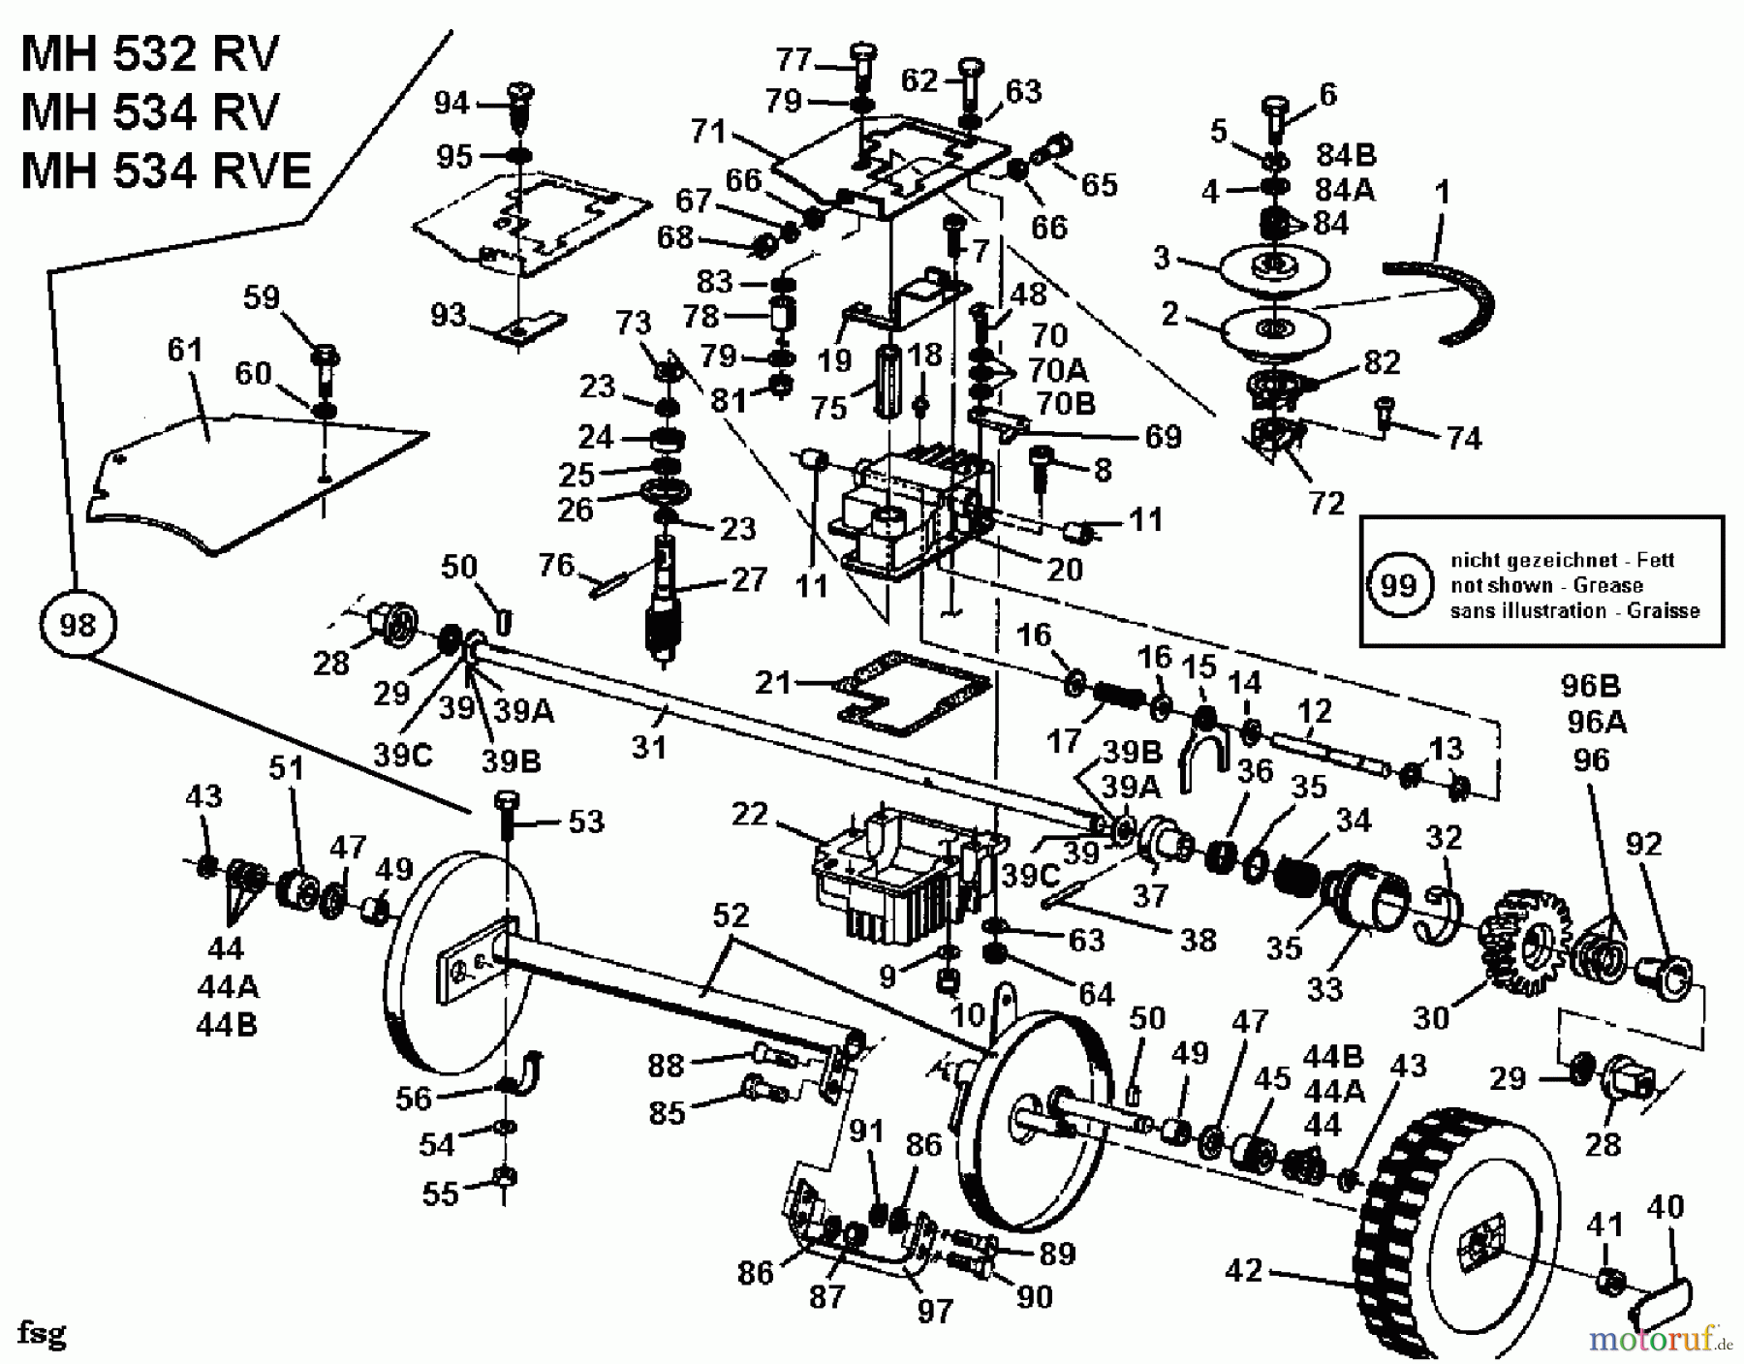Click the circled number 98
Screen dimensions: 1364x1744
(x=78, y=624)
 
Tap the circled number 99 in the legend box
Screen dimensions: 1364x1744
(x=1397, y=585)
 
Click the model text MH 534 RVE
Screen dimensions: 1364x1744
(x=166, y=171)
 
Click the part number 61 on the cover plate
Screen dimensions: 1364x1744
(x=185, y=350)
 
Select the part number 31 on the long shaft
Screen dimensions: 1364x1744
(x=648, y=747)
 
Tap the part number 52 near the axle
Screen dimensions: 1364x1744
(x=732, y=916)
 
